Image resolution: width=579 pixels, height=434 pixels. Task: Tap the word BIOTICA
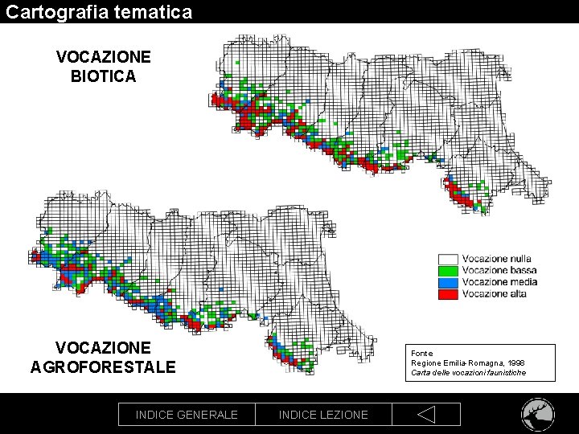pyautogui.click(x=103, y=77)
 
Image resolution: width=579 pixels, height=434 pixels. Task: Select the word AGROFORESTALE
pyautogui.click(x=103, y=367)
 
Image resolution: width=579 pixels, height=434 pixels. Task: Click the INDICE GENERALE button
pyautogui.click(x=187, y=415)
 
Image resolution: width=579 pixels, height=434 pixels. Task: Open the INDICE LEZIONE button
pyautogui.click(x=323, y=415)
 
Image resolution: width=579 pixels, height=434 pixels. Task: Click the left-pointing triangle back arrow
pyautogui.click(x=426, y=415)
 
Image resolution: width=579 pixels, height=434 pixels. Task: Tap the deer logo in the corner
pyautogui.click(x=537, y=415)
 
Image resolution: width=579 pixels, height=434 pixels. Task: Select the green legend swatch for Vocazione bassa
pyautogui.click(x=448, y=271)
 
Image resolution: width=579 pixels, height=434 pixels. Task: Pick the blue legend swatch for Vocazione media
pyautogui.click(x=448, y=282)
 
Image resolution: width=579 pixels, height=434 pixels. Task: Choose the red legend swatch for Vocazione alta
pyautogui.click(x=448, y=293)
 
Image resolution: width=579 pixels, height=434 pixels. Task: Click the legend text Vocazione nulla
pyautogui.click(x=496, y=260)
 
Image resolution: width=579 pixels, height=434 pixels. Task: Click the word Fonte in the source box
pyautogui.click(x=421, y=353)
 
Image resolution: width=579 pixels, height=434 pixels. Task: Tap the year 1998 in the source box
pyautogui.click(x=515, y=362)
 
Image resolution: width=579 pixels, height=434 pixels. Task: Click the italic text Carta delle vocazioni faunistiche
pyautogui.click(x=469, y=372)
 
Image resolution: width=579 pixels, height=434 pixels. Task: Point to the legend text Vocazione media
pyautogui.click(x=499, y=282)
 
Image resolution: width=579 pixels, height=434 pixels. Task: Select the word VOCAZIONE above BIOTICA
pyautogui.click(x=103, y=58)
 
